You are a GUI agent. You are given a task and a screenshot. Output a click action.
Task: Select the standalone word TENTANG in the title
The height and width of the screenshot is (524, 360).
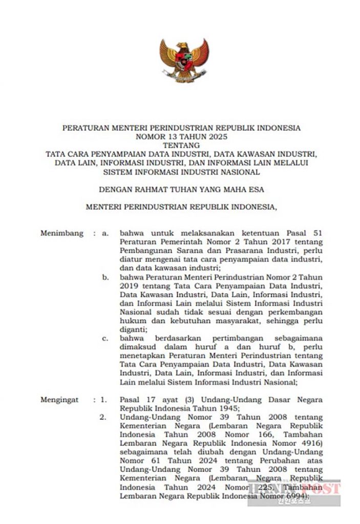pyautogui.click(x=181, y=145)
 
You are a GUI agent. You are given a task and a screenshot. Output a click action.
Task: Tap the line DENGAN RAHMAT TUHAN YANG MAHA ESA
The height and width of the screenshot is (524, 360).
pyautogui.click(x=181, y=189)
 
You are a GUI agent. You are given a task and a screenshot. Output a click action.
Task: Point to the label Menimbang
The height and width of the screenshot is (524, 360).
pyautogui.click(x=61, y=233)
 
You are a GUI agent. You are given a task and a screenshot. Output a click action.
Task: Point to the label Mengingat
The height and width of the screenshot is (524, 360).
pyautogui.click(x=59, y=400)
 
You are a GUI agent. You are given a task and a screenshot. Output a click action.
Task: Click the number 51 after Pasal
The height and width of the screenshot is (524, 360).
pyautogui.click(x=317, y=233)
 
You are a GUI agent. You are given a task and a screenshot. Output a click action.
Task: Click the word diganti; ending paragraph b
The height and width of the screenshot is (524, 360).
pyautogui.click(x=133, y=330)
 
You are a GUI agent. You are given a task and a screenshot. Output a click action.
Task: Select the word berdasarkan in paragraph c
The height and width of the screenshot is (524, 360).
pyautogui.click(x=174, y=339)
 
